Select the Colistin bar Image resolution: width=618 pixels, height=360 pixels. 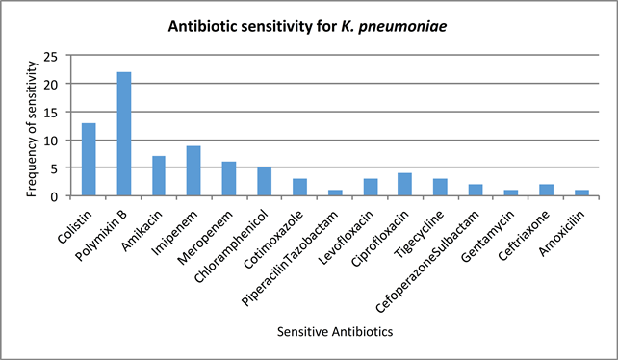90,160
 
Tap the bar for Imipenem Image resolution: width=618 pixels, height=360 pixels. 193,171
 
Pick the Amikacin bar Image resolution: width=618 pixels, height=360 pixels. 159,176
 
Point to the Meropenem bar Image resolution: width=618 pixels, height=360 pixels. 228,179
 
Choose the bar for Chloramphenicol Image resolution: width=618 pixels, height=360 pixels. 263,182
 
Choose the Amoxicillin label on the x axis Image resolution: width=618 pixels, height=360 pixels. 557,228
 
